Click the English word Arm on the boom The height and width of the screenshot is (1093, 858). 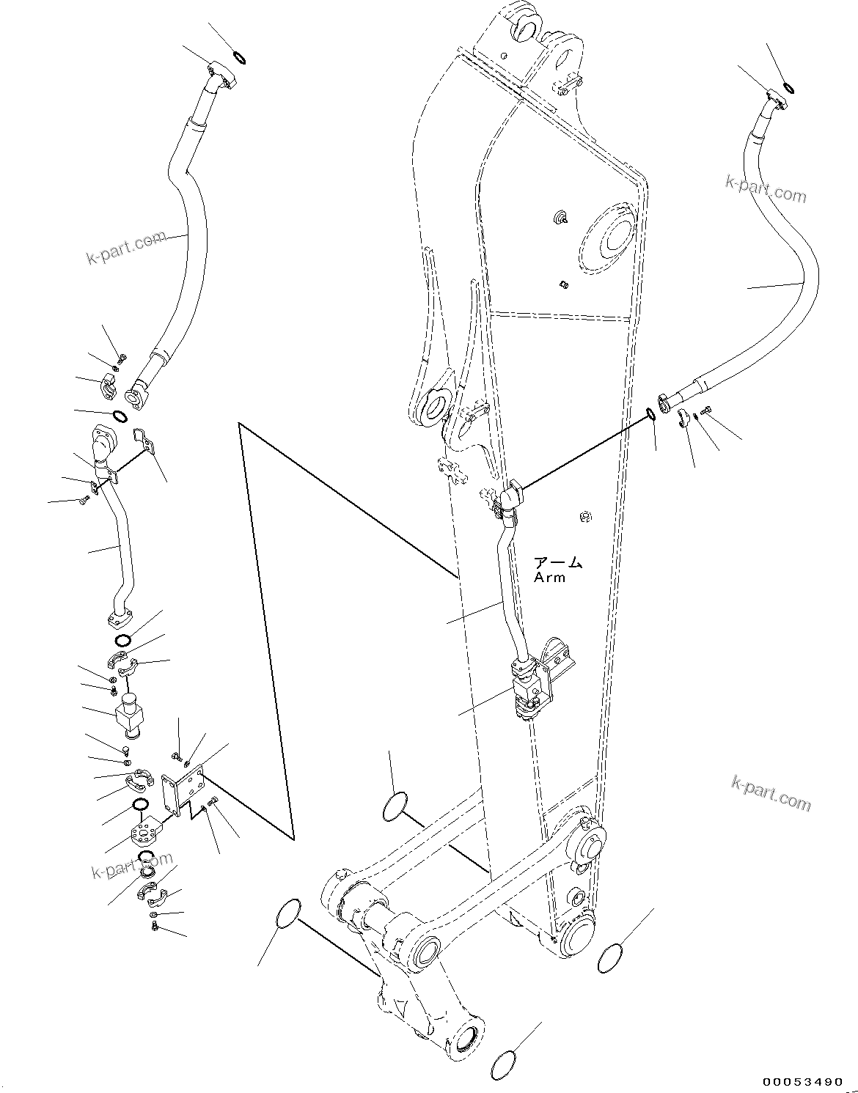click(549, 577)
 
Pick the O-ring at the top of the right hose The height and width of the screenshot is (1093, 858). click(789, 89)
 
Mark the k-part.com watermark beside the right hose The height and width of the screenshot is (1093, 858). click(766, 189)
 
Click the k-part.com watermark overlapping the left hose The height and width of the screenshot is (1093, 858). click(124, 248)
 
